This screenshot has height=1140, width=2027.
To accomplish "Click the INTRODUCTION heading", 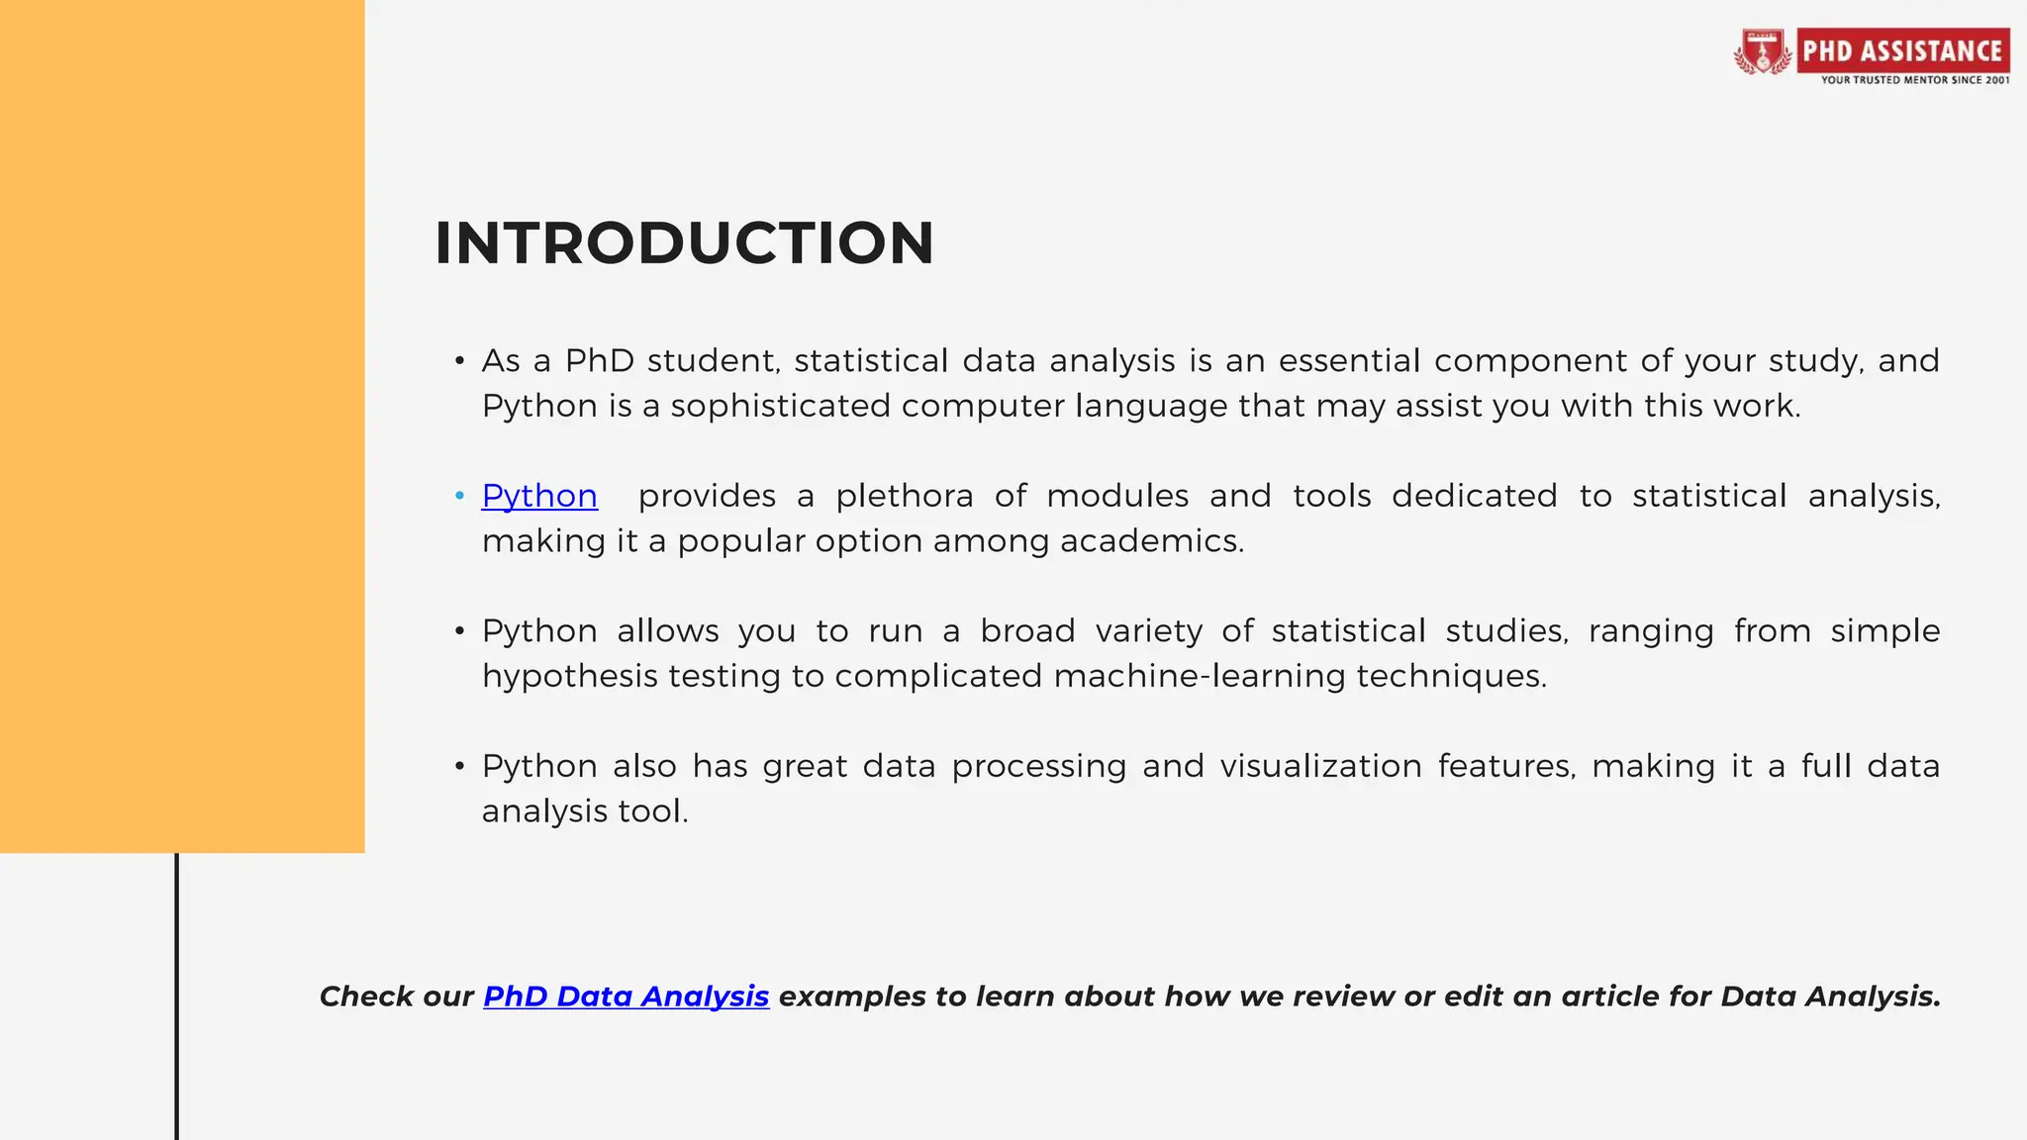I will pyautogui.click(x=684, y=243).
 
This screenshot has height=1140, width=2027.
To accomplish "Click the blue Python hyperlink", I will pyautogui.click(x=539, y=496).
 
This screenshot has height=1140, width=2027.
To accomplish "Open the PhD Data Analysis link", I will pyautogui.click(x=626, y=997).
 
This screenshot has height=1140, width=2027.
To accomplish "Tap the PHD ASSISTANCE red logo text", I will pyautogui.click(x=1902, y=50).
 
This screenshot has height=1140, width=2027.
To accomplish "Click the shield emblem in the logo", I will pyautogui.click(x=1762, y=51).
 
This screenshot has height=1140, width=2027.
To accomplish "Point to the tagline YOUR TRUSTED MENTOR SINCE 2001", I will pyautogui.click(x=1915, y=80).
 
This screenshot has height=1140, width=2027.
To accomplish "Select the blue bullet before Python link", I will pyautogui.click(x=459, y=496).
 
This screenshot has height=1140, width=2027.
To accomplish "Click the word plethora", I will pyautogui.click(x=905, y=496).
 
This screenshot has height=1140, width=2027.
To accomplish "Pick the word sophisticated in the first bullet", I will pyautogui.click(x=780, y=406).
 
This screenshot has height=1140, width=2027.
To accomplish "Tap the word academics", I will pyautogui.click(x=1151, y=541).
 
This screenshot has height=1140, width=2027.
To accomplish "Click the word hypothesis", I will pyautogui.click(x=569, y=677).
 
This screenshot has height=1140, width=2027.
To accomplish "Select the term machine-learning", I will pyautogui.click(x=1199, y=677).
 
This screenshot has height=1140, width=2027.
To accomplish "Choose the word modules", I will pyautogui.click(x=1117, y=496).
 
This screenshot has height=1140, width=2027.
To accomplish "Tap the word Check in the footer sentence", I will pyautogui.click(x=365, y=997).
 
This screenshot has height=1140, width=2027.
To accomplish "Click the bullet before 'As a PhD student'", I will pyautogui.click(x=459, y=361).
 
